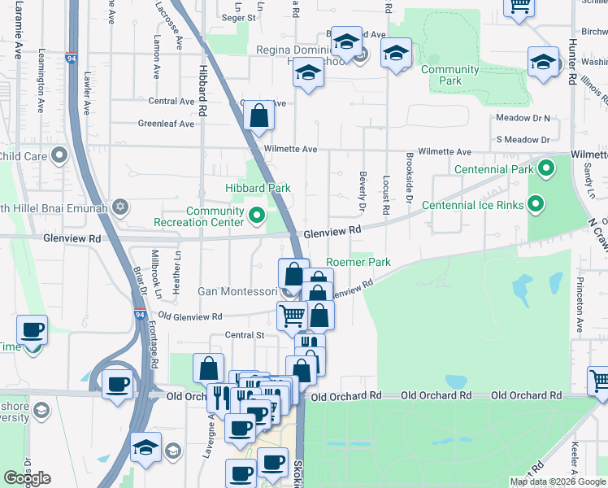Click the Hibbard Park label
pyautogui.click(x=258, y=188)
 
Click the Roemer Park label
pyautogui.click(x=358, y=263)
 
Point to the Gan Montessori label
pyautogui.click(x=238, y=291)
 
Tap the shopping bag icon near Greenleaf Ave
pyautogui.click(x=258, y=117)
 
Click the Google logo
pyautogui.click(x=27, y=478)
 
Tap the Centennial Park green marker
pyautogui.click(x=546, y=169)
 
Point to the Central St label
pyautogui.click(x=245, y=335)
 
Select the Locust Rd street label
pyautogui.click(x=386, y=196)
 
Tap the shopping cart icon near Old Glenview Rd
pyautogui.click(x=292, y=315)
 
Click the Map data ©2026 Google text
pyautogui.click(x=558, y=481)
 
